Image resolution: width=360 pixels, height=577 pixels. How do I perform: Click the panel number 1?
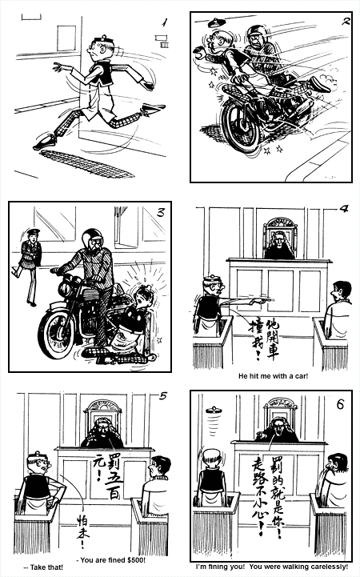tap(164, 23)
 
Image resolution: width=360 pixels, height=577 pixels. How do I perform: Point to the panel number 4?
tap(343, 210)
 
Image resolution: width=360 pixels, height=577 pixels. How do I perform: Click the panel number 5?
tap(165, 396)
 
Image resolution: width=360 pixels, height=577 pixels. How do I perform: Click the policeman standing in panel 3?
tap(30, 264)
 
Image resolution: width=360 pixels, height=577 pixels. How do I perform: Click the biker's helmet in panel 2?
tap(255, 35)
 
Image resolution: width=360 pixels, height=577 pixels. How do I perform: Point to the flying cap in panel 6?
tap(215, 416)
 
